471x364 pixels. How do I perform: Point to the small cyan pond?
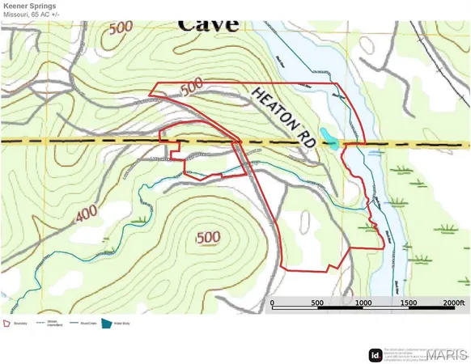click(x=329, y=138)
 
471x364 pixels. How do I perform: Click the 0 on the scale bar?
click(x=273, y=303)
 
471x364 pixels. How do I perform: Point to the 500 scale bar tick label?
click(x=318, y=303)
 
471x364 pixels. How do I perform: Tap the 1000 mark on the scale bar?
click(x=363, y=303)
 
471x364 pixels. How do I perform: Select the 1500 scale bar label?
click(x=409, y=303)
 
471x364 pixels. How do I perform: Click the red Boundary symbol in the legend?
click(x=6, y=323)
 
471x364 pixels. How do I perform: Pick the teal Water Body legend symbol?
click(x=104, y=323)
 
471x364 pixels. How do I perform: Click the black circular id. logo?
click(x=376, y=354)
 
